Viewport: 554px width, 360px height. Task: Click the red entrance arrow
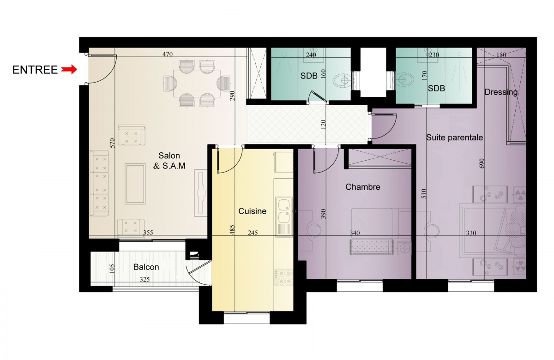point(69,70)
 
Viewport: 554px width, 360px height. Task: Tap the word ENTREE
point(35,70)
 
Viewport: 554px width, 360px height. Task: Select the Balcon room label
point(146,267)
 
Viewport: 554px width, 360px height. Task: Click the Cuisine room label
point(252,211)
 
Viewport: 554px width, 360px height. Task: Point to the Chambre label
point(362,187)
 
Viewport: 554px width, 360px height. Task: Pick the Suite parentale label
point(454,138)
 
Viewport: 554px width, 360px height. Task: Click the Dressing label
point(501,92)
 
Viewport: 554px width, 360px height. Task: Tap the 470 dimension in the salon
point(168,54)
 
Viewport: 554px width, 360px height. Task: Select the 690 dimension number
point(482,163)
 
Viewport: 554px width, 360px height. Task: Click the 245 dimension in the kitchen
point(253,233)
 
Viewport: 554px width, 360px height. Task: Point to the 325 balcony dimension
point(145,279)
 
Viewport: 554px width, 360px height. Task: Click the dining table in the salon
point(197,84)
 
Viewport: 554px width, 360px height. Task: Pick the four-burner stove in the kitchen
point(283,277)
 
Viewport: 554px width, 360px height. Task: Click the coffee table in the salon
point(135,184)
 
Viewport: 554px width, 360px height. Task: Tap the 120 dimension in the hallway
point(323,125)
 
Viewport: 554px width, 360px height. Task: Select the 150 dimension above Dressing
point(501,54)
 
